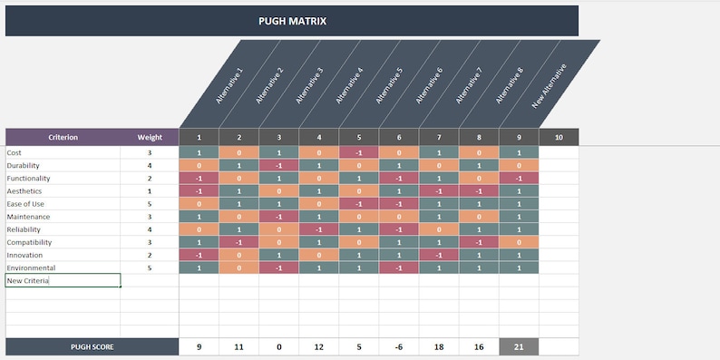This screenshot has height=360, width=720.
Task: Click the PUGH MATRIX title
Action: pyautogui.click(x=291, y=21)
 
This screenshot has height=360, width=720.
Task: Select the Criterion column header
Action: pyautogui.click(x=63, y=137)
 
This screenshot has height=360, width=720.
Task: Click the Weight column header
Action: pyautogui.click(x=150, y=137)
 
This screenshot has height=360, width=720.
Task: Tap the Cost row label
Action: pyautogui.click(x=14, y=153)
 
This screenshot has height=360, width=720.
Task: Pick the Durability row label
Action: pyautogui.click(x=21, y=166)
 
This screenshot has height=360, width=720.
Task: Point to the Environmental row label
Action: pyautogui.click(x=31, y=268)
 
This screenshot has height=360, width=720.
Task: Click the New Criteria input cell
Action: pyautogui.click(x=63, y=281)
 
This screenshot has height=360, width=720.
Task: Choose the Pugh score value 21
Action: pyautogui.click(x=519, y=346)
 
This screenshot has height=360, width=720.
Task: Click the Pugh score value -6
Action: pyautogui.click(x=399, y=346)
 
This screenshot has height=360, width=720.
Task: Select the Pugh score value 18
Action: pyautogui.click(x=439, y=346)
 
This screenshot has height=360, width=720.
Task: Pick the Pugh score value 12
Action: pyautogui.click(x=319, y=346)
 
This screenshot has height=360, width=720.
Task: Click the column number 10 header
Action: pyautogui.click(x=559, y=137)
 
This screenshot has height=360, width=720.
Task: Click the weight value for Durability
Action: pyautogui.click(x=150, y=166)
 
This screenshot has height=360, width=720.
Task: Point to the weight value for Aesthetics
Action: pyautogui.click(x=150, y=191)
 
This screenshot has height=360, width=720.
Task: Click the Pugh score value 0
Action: pyautogui.click(x=279, y=346)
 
